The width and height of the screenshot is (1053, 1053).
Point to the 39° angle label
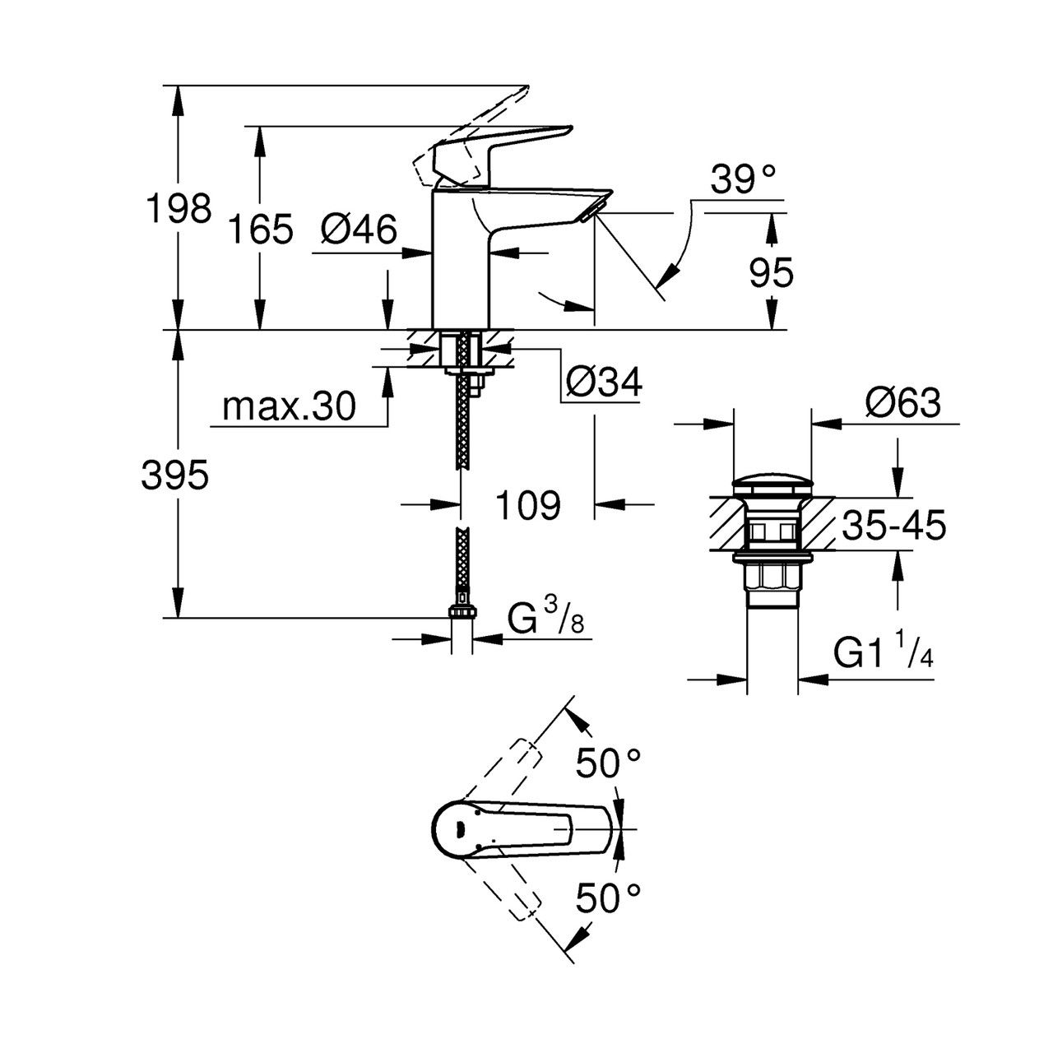click(743, 179)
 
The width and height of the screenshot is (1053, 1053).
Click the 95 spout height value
click(771, 272)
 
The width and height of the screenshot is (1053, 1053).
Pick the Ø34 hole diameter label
click(604, 383)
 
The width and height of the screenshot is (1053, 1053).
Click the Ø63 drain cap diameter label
click(902, 403)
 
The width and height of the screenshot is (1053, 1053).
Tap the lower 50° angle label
click(608, 899)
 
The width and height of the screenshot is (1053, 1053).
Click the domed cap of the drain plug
click(772, 485)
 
